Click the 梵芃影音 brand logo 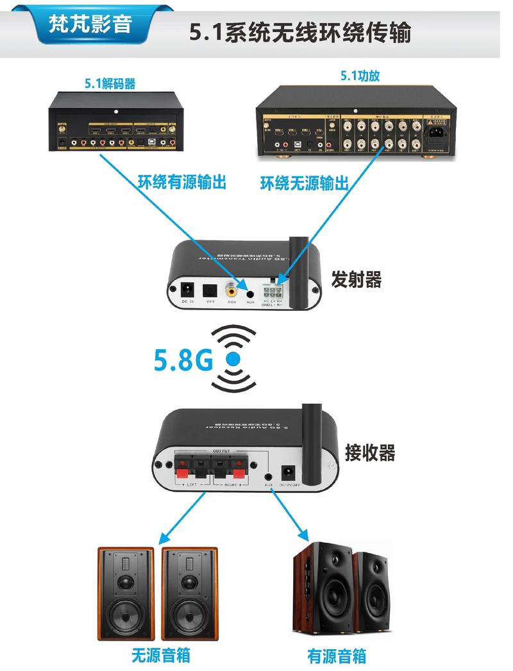pyautogui.click(x=90, y=24)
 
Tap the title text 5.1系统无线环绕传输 pyautogui.click(x=299, y=31)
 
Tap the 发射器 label pyautogui.click(x=356, y=280)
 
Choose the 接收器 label pyautogui.click(x=369, y=452)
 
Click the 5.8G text pyautogui.click(x=183, y=360)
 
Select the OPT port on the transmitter pyautogui.click(x=209, y=290)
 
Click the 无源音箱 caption pyautogui.click(x=161, y=655)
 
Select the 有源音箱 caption pyautogui.click(x=337, y=656)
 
